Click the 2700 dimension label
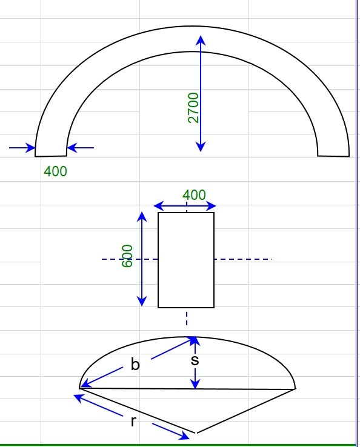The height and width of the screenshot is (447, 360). click(193, 108)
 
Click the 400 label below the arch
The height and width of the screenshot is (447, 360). click(55, 171)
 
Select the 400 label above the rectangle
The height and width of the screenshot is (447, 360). click(194, 195)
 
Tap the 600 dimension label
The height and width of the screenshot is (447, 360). click(127, 256)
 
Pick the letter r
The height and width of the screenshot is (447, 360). click(133, 422)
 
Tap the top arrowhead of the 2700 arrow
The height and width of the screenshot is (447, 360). click(201, 39)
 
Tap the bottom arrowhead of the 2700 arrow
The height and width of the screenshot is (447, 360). click(201, 147)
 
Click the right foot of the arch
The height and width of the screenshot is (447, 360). click(333, 155)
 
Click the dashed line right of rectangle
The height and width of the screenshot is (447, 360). click(243, 259)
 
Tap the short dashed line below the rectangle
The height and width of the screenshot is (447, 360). click(187, 318)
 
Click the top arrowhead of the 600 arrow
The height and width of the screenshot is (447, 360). click(142, 217)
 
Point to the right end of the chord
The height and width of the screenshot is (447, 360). click(295, 389)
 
